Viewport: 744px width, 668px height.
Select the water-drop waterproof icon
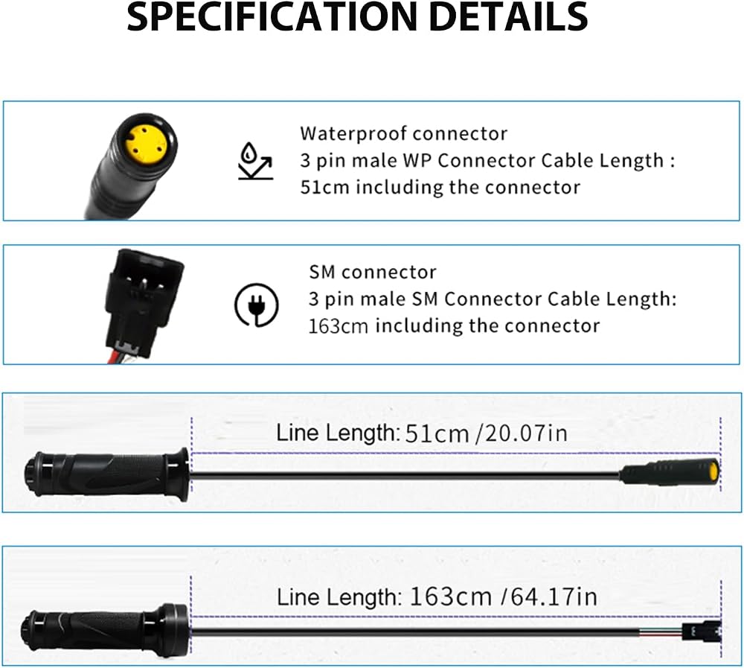[255, 161]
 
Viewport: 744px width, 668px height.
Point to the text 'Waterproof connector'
[403, 133]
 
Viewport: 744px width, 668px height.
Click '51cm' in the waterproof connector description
[324, 187]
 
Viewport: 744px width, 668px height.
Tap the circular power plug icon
[257, 305]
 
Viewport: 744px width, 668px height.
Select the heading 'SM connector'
[373, 273]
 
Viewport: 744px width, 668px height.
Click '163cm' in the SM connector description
[339, 326]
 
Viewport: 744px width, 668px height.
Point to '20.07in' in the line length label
[526, 433]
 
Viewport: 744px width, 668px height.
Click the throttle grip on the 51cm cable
[106, 474]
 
